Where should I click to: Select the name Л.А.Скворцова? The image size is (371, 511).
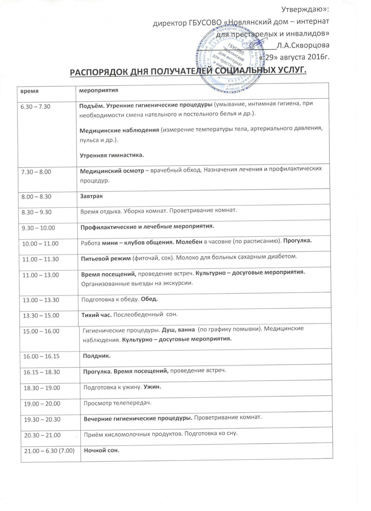(303, 45)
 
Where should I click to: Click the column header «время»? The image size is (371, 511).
(29, 91)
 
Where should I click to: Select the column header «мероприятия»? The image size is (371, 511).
(99, 90)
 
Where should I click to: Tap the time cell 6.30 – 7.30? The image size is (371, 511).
(35, 107)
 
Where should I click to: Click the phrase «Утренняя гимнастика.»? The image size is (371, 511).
(112, 155)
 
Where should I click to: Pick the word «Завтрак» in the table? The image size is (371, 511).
(91, 196)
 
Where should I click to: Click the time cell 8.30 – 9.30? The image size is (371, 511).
(36, 212)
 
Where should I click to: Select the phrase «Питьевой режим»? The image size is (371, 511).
(106, 259)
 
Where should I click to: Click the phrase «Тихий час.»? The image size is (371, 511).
(96, 315)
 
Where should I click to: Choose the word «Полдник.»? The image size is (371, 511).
(97, 356)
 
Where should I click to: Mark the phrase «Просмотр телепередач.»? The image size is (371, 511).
(117, 403)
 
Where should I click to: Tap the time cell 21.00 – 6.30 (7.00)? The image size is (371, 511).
(49, 451)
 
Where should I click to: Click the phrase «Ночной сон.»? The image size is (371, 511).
(101, 450)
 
